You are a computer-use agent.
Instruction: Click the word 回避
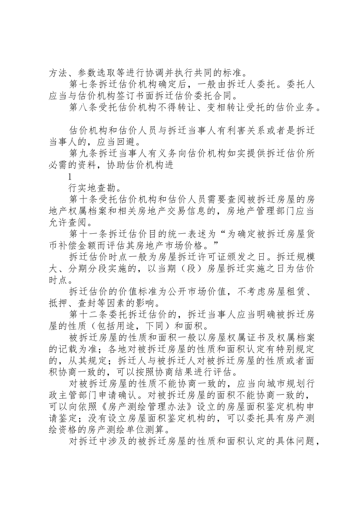coord(133,142)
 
